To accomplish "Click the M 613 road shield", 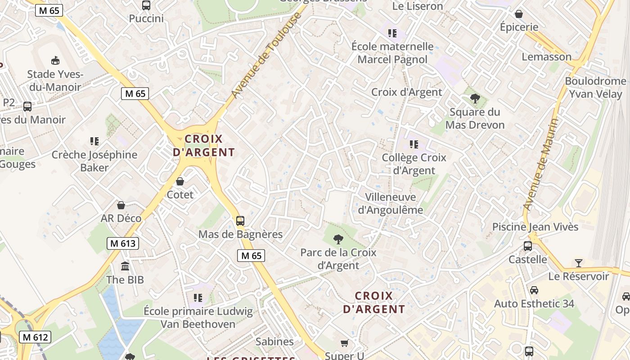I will (123, 243).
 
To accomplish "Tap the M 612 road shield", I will (35, 337).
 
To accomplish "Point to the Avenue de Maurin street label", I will (542, 164).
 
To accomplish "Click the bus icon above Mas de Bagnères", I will (240, 221).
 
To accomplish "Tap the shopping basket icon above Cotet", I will (180, 181).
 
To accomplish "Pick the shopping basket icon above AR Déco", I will (121, 205).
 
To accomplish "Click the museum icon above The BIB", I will (125, 266).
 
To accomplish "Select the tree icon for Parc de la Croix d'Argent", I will (338, 239).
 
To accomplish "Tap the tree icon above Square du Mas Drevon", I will (475, 99).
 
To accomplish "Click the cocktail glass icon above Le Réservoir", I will (579, 263).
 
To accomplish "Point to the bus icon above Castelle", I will (528, 246).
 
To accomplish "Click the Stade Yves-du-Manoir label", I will (54, 80).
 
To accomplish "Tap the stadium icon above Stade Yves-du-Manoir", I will (55, 60).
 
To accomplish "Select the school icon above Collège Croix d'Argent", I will (414, 144).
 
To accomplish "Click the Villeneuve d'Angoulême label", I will (391, 203).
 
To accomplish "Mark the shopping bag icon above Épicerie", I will (519, 14).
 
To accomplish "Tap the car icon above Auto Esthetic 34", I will (534, 290).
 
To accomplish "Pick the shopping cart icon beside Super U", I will (345, 343).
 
